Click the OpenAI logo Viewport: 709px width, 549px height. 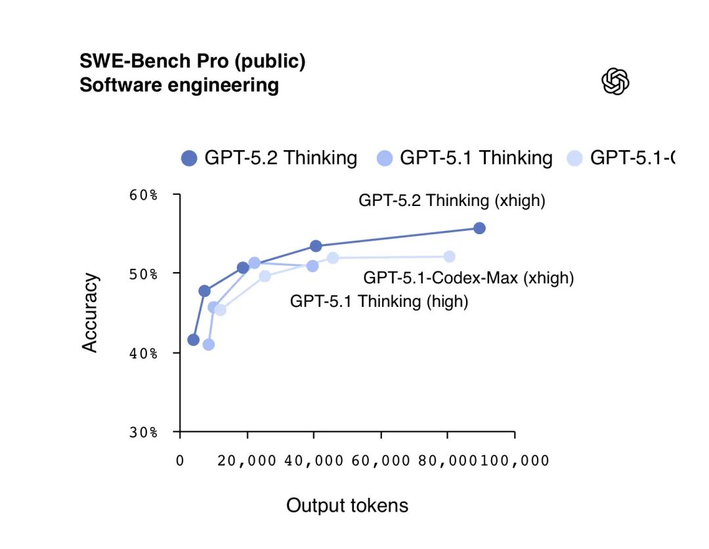[x=615, y=82]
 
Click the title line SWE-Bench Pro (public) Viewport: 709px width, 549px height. [x=192, y=62]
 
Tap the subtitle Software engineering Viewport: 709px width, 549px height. [x=179, y=85]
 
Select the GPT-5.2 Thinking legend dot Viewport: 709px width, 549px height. [x=189, y=158]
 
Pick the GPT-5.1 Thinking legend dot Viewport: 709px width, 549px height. [x=385, y=158]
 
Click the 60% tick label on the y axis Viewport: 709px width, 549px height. [x=143, y=195]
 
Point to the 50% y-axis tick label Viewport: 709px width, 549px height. [x=143, y=274]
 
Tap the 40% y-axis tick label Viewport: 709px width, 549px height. [x=143, y=354]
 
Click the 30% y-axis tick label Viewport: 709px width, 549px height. [x=143, y=433]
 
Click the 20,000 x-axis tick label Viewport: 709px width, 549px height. [x=247, y=460]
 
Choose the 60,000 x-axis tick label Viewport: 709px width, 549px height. [x=381, y=460]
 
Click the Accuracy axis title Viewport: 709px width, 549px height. [x=91, y=312]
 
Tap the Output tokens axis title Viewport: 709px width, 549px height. [x=347, y=506]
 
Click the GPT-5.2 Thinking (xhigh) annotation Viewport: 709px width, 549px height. [x=452, y=201]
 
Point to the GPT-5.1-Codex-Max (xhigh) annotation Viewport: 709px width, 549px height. [x=469, y=278]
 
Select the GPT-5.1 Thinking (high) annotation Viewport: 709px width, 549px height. [x=379, y=302]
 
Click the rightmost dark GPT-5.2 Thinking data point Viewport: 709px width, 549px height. [x=479, y=228]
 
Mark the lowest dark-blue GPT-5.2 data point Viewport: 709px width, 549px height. [x=193, y=340]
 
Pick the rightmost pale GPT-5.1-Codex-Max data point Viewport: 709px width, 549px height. [x=449, y=256]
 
